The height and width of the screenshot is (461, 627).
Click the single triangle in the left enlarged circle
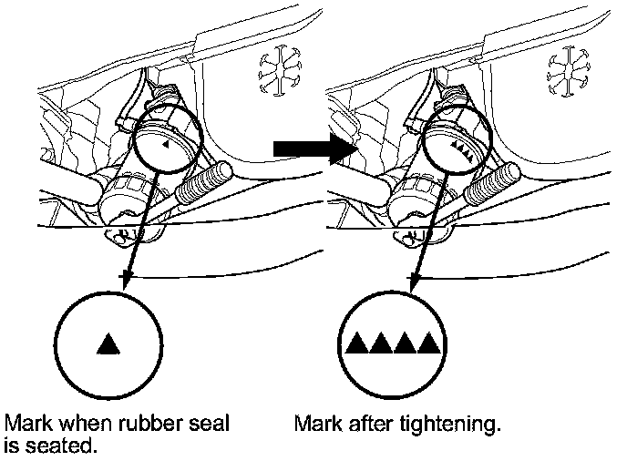click(108, 344)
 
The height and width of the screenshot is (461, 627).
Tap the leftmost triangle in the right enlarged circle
click(357, 343)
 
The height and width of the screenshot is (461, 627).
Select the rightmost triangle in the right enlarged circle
click(427, 343)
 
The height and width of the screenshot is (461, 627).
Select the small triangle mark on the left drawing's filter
click(165, 144)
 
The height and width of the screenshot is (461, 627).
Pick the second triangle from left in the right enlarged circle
click(381, 343)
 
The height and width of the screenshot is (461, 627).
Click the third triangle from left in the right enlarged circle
click(404, 343)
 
